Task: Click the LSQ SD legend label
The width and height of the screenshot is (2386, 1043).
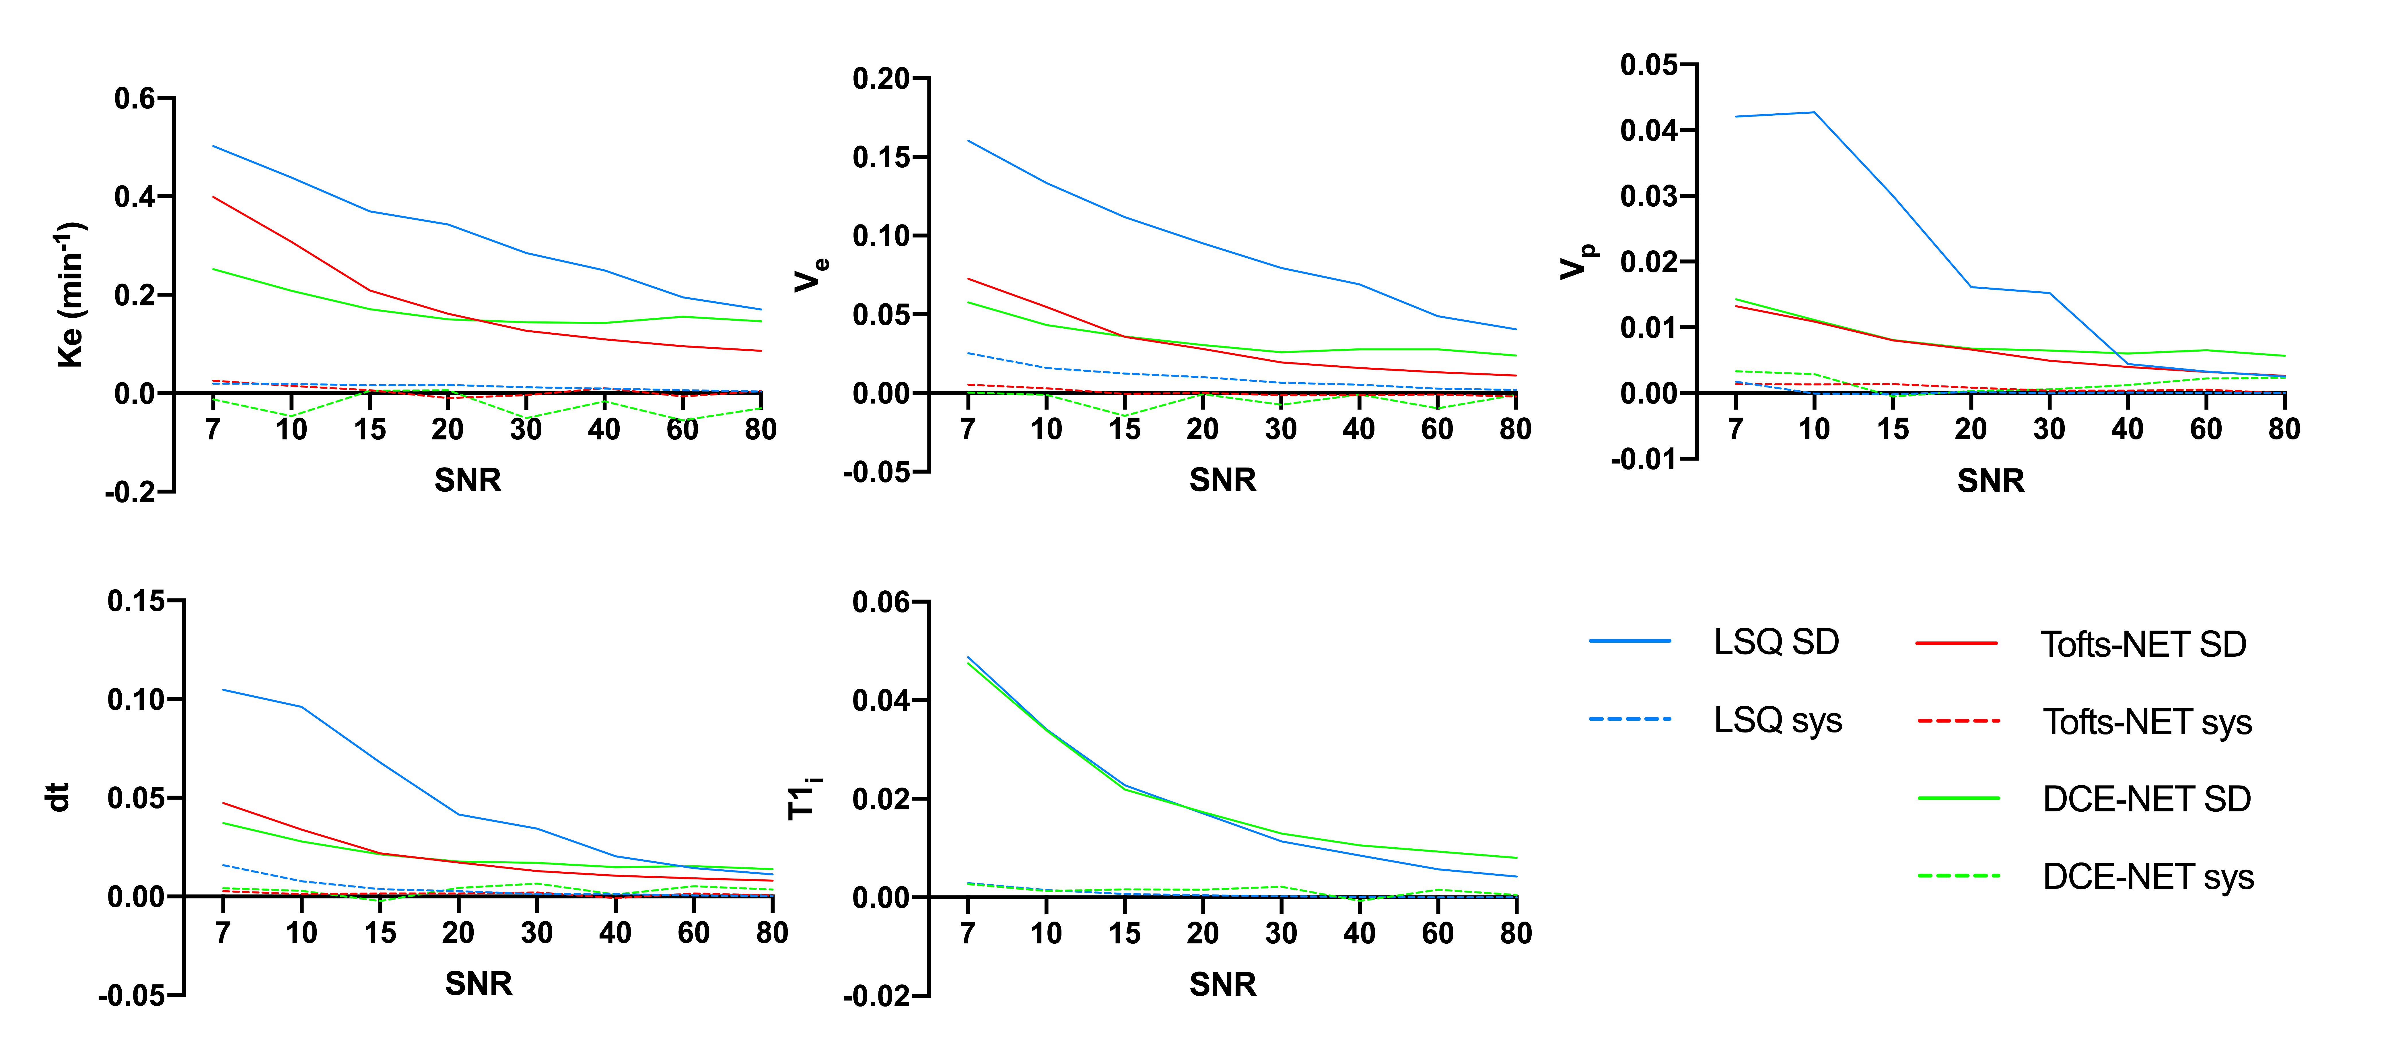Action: [x=1776, y=642]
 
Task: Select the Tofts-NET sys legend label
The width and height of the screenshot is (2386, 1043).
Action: [x=2147, y=722]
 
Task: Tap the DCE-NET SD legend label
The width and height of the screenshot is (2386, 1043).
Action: [x=2146, y=798]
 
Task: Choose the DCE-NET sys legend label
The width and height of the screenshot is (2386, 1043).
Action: [x=2148, y=876]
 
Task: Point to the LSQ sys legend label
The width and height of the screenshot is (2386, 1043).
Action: [x=1778, y=720]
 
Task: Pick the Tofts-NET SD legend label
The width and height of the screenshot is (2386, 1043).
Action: [x=2143, y=644]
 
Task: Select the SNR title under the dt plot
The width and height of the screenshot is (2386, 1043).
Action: [x=478, y=983]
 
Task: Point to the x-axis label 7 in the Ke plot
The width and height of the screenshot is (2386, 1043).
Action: [x=213, y=429]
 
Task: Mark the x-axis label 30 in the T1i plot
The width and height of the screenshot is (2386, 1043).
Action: [x=1281, y=933]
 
